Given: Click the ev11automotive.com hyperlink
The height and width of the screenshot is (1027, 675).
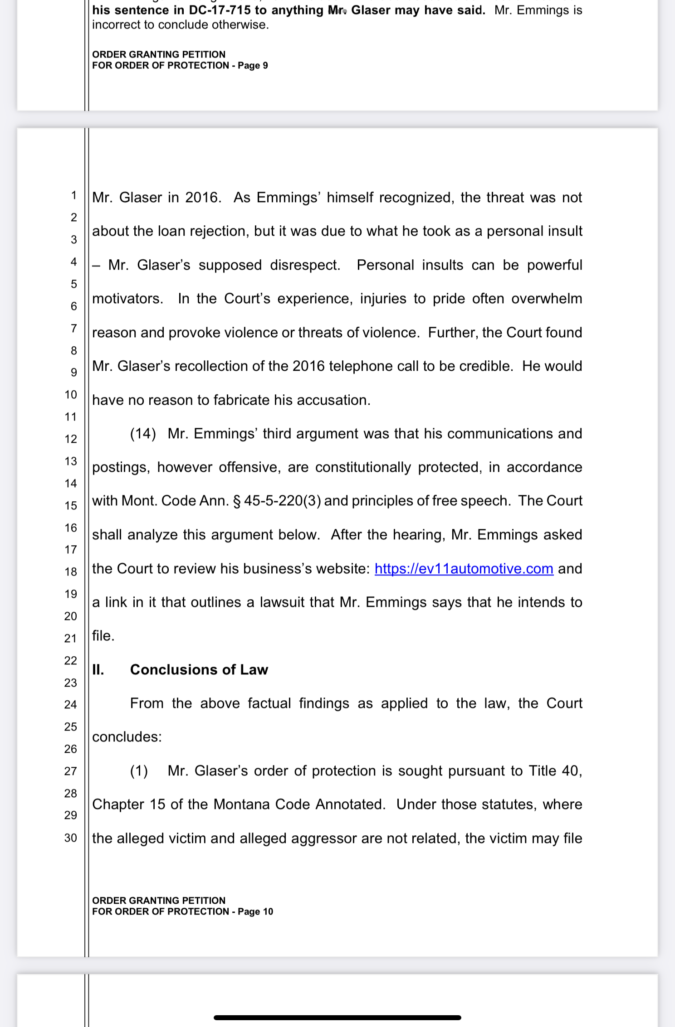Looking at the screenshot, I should (464, 568).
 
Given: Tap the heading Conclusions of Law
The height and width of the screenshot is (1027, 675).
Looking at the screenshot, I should (199, 669).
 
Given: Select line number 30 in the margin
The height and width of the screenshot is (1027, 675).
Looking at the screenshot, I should (71, 838).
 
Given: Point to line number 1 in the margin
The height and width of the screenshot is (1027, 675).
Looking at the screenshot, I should (73, 195).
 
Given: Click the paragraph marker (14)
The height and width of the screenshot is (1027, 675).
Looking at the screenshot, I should (143, 433).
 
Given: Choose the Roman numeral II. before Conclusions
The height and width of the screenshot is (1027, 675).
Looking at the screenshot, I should (98, 669).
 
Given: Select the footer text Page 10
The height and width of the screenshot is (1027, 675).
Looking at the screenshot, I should (255, 911).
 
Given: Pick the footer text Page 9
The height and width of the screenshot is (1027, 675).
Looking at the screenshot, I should (253, 65).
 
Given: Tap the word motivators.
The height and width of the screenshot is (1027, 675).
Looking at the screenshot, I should (127, 299).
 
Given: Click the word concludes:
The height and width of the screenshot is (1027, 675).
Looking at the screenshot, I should (127, 736).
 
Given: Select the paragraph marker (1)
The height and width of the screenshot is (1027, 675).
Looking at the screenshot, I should (139, 770).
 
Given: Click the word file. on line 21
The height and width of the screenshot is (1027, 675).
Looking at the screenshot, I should (103, 636).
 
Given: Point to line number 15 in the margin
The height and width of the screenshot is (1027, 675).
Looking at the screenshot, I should (71, 505).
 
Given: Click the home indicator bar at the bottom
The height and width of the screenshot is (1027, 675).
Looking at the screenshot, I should (337, 1017).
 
